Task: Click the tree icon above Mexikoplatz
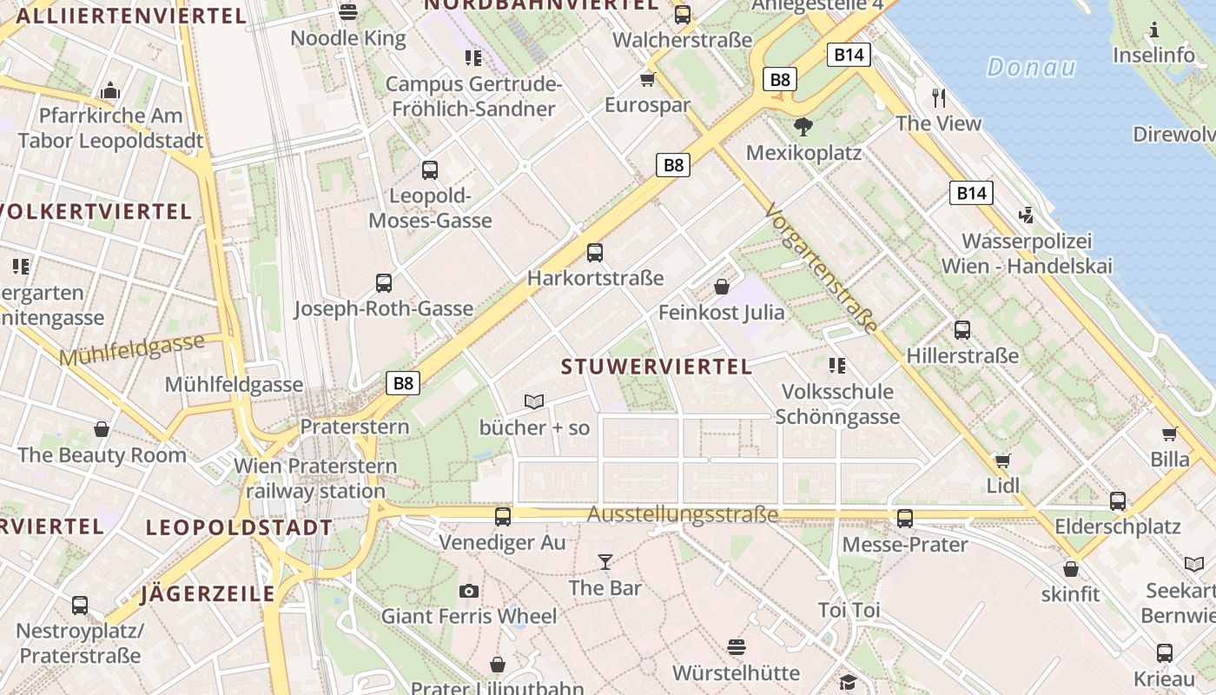[x=803, y=127]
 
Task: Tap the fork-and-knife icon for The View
[x=938, y=97]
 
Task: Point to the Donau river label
[x=1031, y=67]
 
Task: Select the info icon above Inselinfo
[x=1153, y=31]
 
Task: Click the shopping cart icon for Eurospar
[x=647, y=80]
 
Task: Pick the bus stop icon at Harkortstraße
[x=595, y=253]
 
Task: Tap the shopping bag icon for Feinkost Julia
[x=722, y=287]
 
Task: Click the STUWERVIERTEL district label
[x=657, y=367]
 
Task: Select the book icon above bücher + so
[x=534, y=401]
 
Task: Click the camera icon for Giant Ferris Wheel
[x=469, y=592]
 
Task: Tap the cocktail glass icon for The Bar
[x=605, y=562]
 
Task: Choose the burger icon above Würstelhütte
[x=737, y=647]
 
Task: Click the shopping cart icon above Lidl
[x=1003, y=460]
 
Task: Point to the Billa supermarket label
[x=1170, y=460]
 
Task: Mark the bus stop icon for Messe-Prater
[x=905, y=519]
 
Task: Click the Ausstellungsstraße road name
[x=683, y=514]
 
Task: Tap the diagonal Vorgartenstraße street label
[x=822, y=268]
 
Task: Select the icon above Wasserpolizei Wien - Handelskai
[x=1027, y=215]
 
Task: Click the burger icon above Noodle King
[x=348, y=12]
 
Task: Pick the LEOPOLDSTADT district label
[x=239, y=527]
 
